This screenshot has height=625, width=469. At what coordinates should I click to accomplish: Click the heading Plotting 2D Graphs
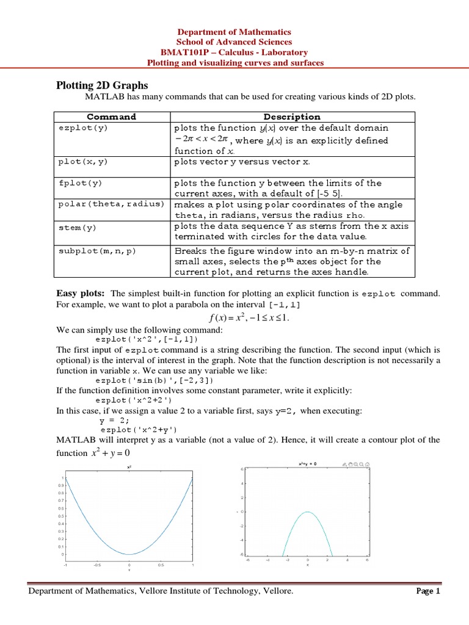coord(102,85)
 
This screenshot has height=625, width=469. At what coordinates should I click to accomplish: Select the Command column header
coord(111,117)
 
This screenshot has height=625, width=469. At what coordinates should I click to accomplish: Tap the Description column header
coord(291,117)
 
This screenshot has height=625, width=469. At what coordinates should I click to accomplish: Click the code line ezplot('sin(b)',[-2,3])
coord(155,380)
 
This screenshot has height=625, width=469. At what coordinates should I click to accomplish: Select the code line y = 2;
coord(114,421)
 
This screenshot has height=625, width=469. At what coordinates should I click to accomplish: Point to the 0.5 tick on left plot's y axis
coord(59,516)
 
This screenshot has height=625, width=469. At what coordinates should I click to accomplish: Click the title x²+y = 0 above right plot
coord(307,464)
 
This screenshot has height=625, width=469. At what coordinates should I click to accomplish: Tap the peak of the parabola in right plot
coord(308,511)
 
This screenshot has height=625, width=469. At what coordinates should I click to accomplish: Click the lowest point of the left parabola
coord(129,554)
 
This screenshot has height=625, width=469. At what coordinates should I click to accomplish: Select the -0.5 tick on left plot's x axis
coord(97,565)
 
